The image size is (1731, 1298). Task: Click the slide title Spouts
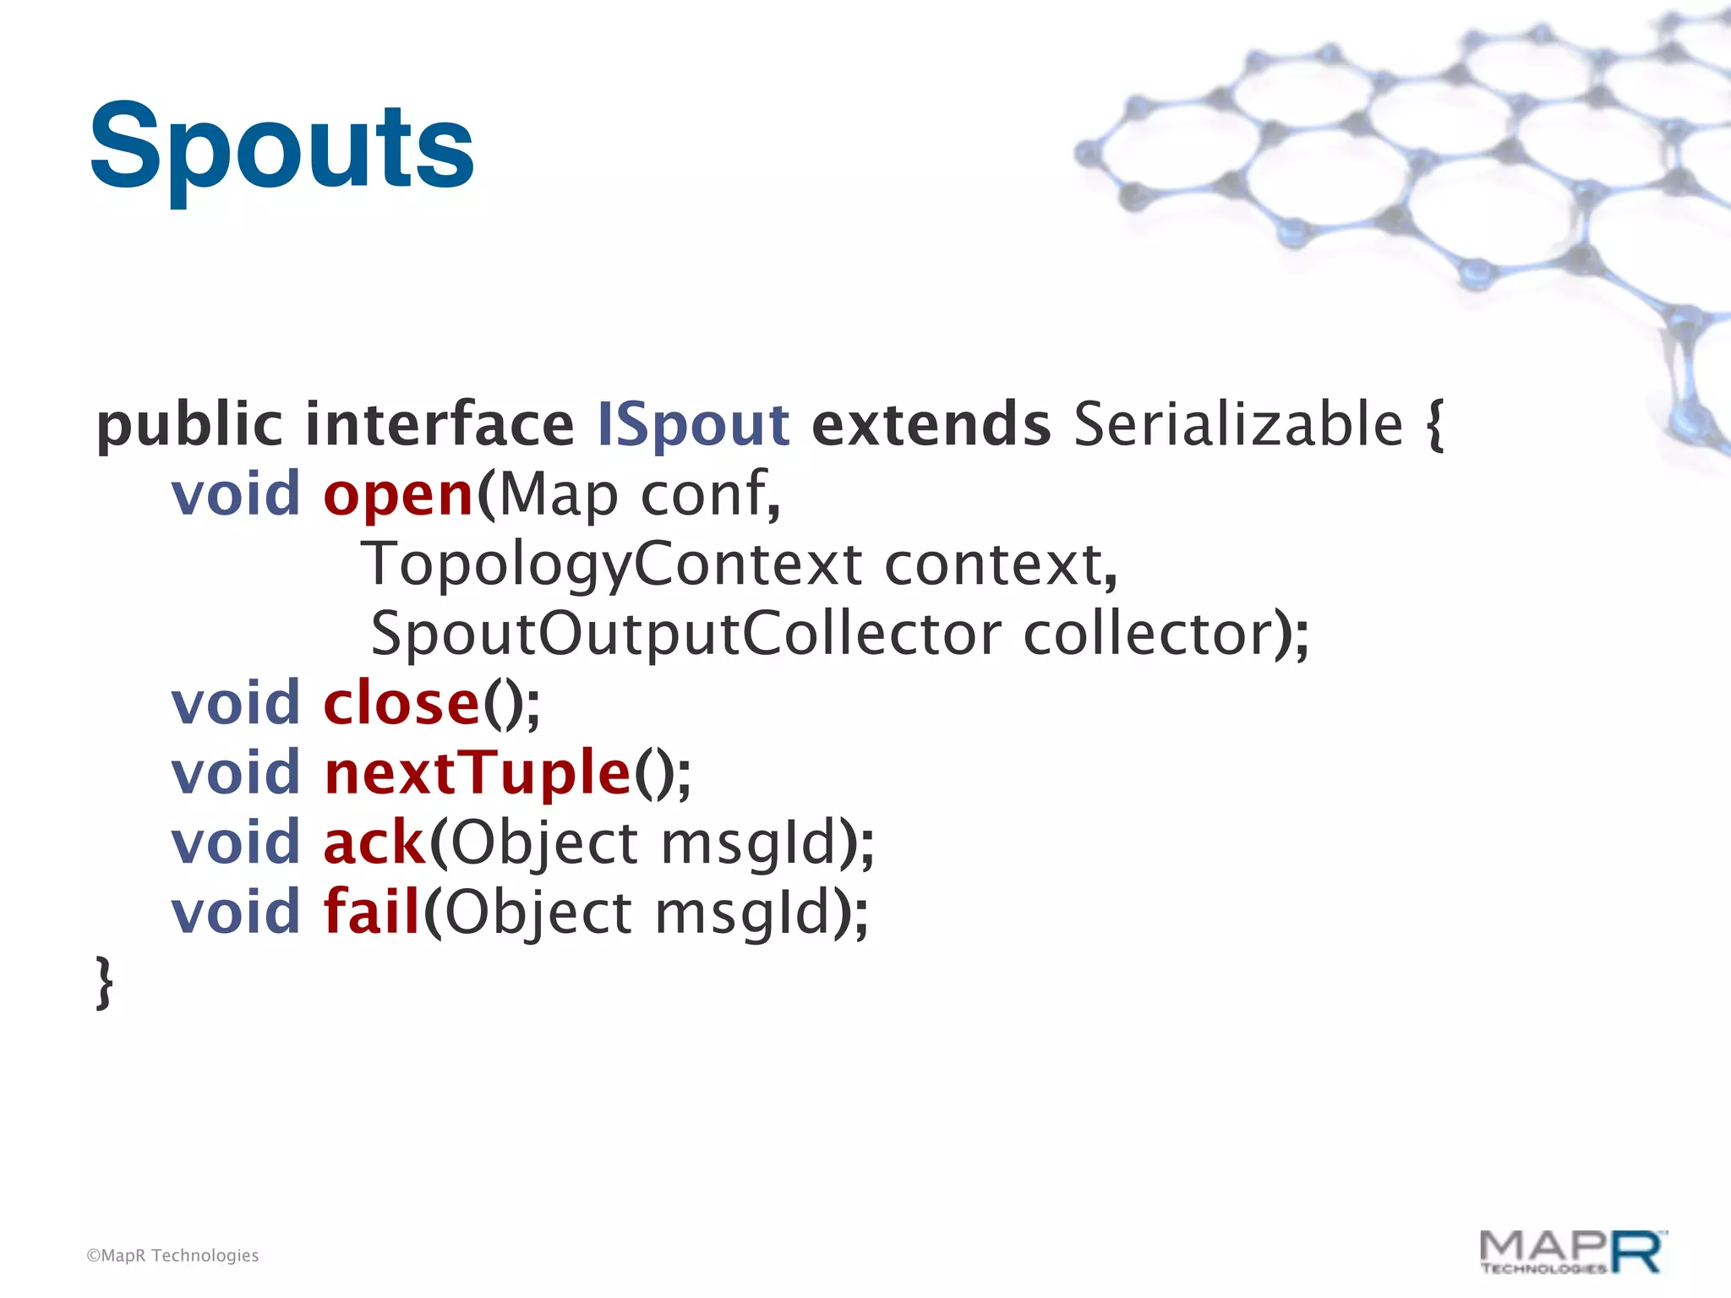(281, 147)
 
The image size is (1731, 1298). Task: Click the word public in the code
(189, 425)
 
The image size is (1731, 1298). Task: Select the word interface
(440, 425)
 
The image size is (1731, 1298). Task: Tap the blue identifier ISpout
(693, 425)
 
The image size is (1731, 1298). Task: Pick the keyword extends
(931, 425)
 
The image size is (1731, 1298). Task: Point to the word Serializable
(1238, 425)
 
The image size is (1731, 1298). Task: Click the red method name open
(398, 495)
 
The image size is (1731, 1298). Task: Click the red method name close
(401, 704)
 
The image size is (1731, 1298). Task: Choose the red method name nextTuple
(478, 773)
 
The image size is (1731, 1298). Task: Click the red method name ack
(374, 843)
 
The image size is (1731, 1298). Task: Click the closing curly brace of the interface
(105, 982)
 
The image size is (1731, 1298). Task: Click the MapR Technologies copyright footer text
(172, 1256)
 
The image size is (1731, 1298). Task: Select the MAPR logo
(1570, 1252)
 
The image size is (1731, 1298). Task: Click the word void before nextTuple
(236, 773)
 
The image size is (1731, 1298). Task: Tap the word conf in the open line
(703, 495)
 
